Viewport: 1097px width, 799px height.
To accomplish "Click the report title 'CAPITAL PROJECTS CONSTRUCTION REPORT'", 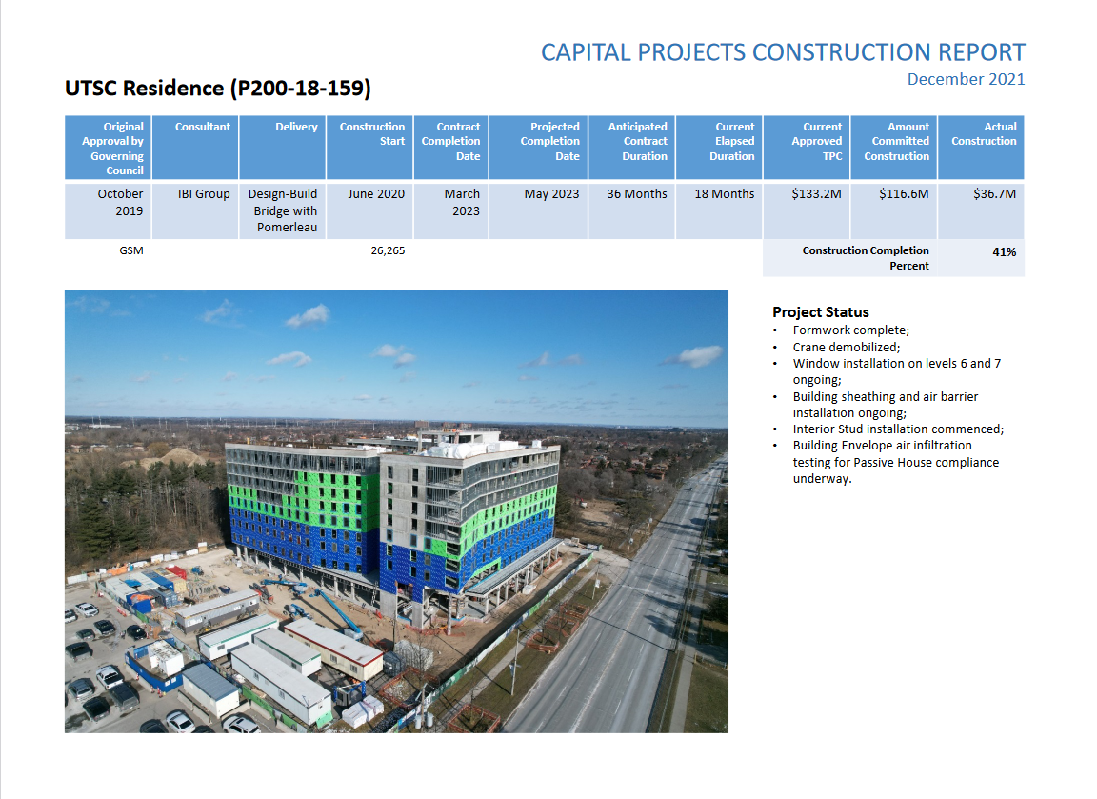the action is (783, 52).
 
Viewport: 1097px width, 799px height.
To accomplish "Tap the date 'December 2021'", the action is (967, 79).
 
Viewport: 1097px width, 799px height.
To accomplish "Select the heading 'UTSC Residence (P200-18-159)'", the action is (217, 89).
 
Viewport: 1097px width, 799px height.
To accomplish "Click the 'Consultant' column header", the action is (202, 127).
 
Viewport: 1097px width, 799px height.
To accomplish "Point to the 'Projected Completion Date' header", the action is (549, 141).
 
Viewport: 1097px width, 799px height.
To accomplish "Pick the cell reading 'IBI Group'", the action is (204, 194).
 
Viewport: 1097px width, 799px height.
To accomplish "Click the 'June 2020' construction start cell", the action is (376, 194).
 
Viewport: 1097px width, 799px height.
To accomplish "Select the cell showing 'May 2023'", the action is (552, 194).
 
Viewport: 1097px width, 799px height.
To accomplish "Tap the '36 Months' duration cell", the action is (637, 194).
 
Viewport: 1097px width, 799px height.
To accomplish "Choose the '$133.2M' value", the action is (816, 194).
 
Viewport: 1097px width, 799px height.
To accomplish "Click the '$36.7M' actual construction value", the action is (995, 194).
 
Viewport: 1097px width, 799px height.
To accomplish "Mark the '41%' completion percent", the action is (1004, 251).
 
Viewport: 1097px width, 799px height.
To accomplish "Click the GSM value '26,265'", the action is (388, 250).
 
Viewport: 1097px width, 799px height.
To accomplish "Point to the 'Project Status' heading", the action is (821, 312).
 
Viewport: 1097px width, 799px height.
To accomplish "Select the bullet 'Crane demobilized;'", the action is (847, 347).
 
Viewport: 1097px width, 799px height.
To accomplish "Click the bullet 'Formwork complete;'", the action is (850, 330).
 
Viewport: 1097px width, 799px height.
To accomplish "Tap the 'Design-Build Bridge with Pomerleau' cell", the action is (283, 210).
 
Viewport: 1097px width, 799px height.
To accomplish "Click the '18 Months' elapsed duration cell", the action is (724, 194).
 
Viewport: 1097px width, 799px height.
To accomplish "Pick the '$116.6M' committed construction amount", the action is (904, 194).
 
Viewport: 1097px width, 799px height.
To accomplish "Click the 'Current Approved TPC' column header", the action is (816, 141).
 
